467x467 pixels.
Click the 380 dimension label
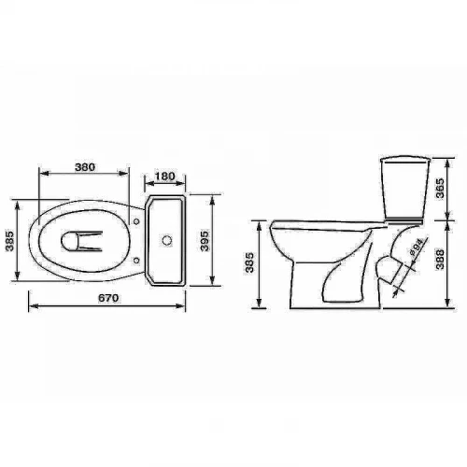click(x=85, y=167)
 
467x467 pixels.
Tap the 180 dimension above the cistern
click(x=164, y=177)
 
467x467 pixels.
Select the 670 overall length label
click(x=108, y=298)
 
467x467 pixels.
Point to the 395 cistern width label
click(x=205, y=241)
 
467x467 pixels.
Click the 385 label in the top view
click(x=9, y=241)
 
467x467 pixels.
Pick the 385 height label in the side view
click(x=250, y=262)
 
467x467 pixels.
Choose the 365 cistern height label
click(x=440, y=188)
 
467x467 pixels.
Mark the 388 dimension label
click(x=440, y=259)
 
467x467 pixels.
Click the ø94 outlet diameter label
click(x=416, y=248)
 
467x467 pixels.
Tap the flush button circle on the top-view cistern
click(x=167, y=240)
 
